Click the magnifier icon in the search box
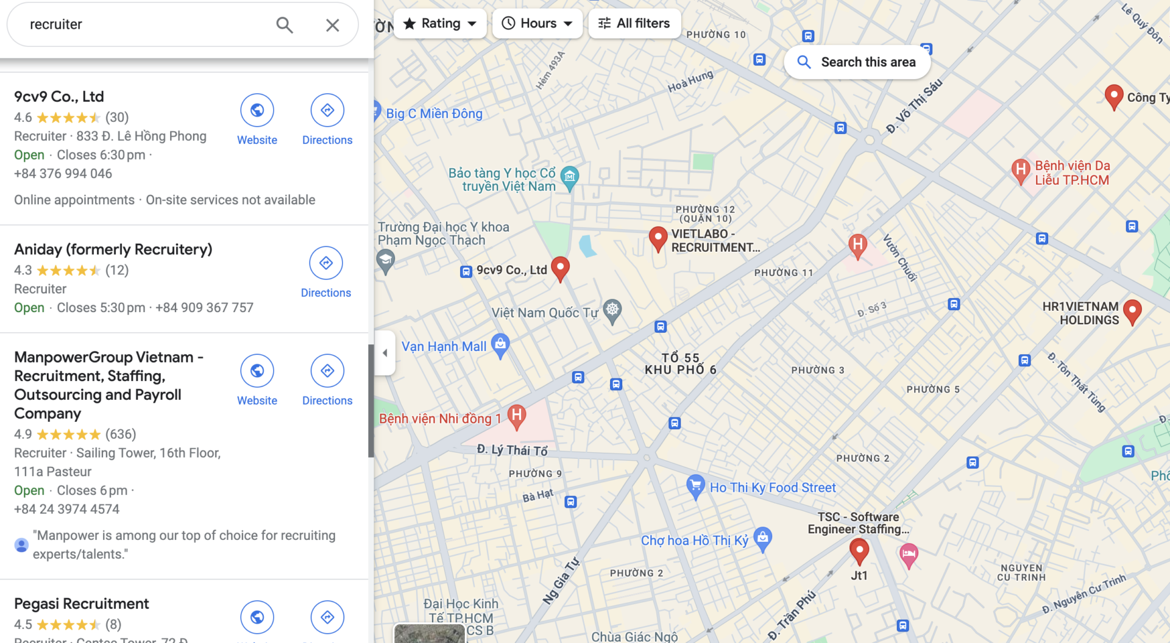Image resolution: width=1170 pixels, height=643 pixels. (285, 25)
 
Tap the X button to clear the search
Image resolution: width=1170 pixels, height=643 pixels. (332, 25)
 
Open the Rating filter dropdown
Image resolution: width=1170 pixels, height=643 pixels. (440, 24)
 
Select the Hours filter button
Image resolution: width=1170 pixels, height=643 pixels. (537, 24)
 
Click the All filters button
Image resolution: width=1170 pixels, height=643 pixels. (634, 24)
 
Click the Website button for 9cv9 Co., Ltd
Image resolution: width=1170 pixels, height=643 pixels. (257, 110)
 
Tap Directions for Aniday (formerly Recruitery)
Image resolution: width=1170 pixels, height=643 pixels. (326, 263)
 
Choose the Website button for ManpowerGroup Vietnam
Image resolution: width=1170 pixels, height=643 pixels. (257, 371)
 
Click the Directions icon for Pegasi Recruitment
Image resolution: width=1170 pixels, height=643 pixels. (327, 617)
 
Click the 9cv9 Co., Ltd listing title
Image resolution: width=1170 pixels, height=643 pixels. (59, 96)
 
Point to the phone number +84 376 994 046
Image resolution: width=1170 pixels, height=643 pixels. (63, 174)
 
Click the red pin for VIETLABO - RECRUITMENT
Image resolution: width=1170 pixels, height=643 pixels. (658, 238)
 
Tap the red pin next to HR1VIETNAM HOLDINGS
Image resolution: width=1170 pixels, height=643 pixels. (1132, 311)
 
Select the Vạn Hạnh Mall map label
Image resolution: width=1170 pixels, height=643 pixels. (444, 347)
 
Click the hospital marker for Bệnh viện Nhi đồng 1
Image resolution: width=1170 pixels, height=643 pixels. (517, 416)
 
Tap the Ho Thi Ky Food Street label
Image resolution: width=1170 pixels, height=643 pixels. (772, 488)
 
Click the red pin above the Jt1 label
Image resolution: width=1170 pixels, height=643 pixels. (859, 550)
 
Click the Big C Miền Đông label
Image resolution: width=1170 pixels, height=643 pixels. (434, 114)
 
